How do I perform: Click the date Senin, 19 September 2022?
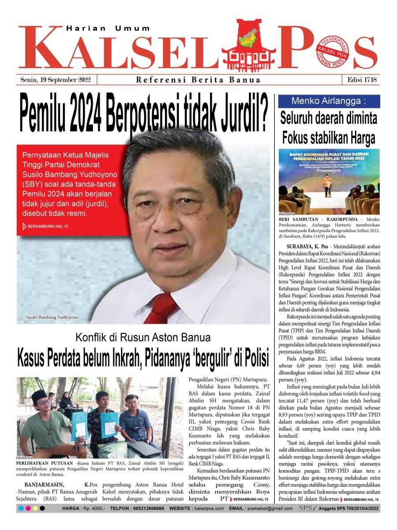pyautogui.click(x=56, y=80)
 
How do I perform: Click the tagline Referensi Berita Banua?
pyautogui.click(x=198, y=80)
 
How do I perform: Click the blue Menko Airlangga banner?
pyautogui.click(x=329, y=101)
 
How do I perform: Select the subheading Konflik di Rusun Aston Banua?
pyautogui.click(x=143, y=338)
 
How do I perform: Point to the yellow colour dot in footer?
pyautogui.click(x=35, y=508)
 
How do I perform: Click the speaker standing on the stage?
pyautogui.click(x=326, y=185)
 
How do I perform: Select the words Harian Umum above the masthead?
pyautogui.click(x=109, y=28)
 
